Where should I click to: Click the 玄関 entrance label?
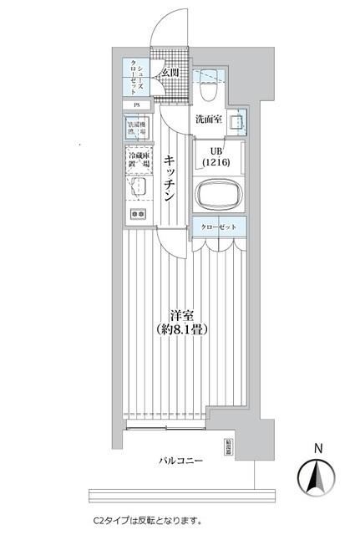170,73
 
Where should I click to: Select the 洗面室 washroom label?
209,120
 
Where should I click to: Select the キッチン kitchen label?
169,179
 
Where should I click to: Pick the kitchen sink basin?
136,186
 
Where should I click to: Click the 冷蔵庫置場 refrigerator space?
137,159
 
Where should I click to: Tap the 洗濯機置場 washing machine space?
136,129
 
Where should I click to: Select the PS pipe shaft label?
136,104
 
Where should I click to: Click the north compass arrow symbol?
317,478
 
